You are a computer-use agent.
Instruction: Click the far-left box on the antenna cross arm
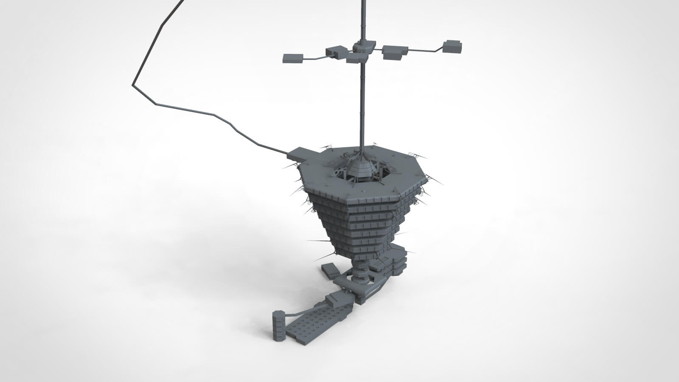(x=292, y=58)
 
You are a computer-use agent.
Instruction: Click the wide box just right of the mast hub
(x=395, y=51)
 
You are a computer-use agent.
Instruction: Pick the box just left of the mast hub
(x=336, y=52)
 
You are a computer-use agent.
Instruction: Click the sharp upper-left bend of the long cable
(x=134, y=83)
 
